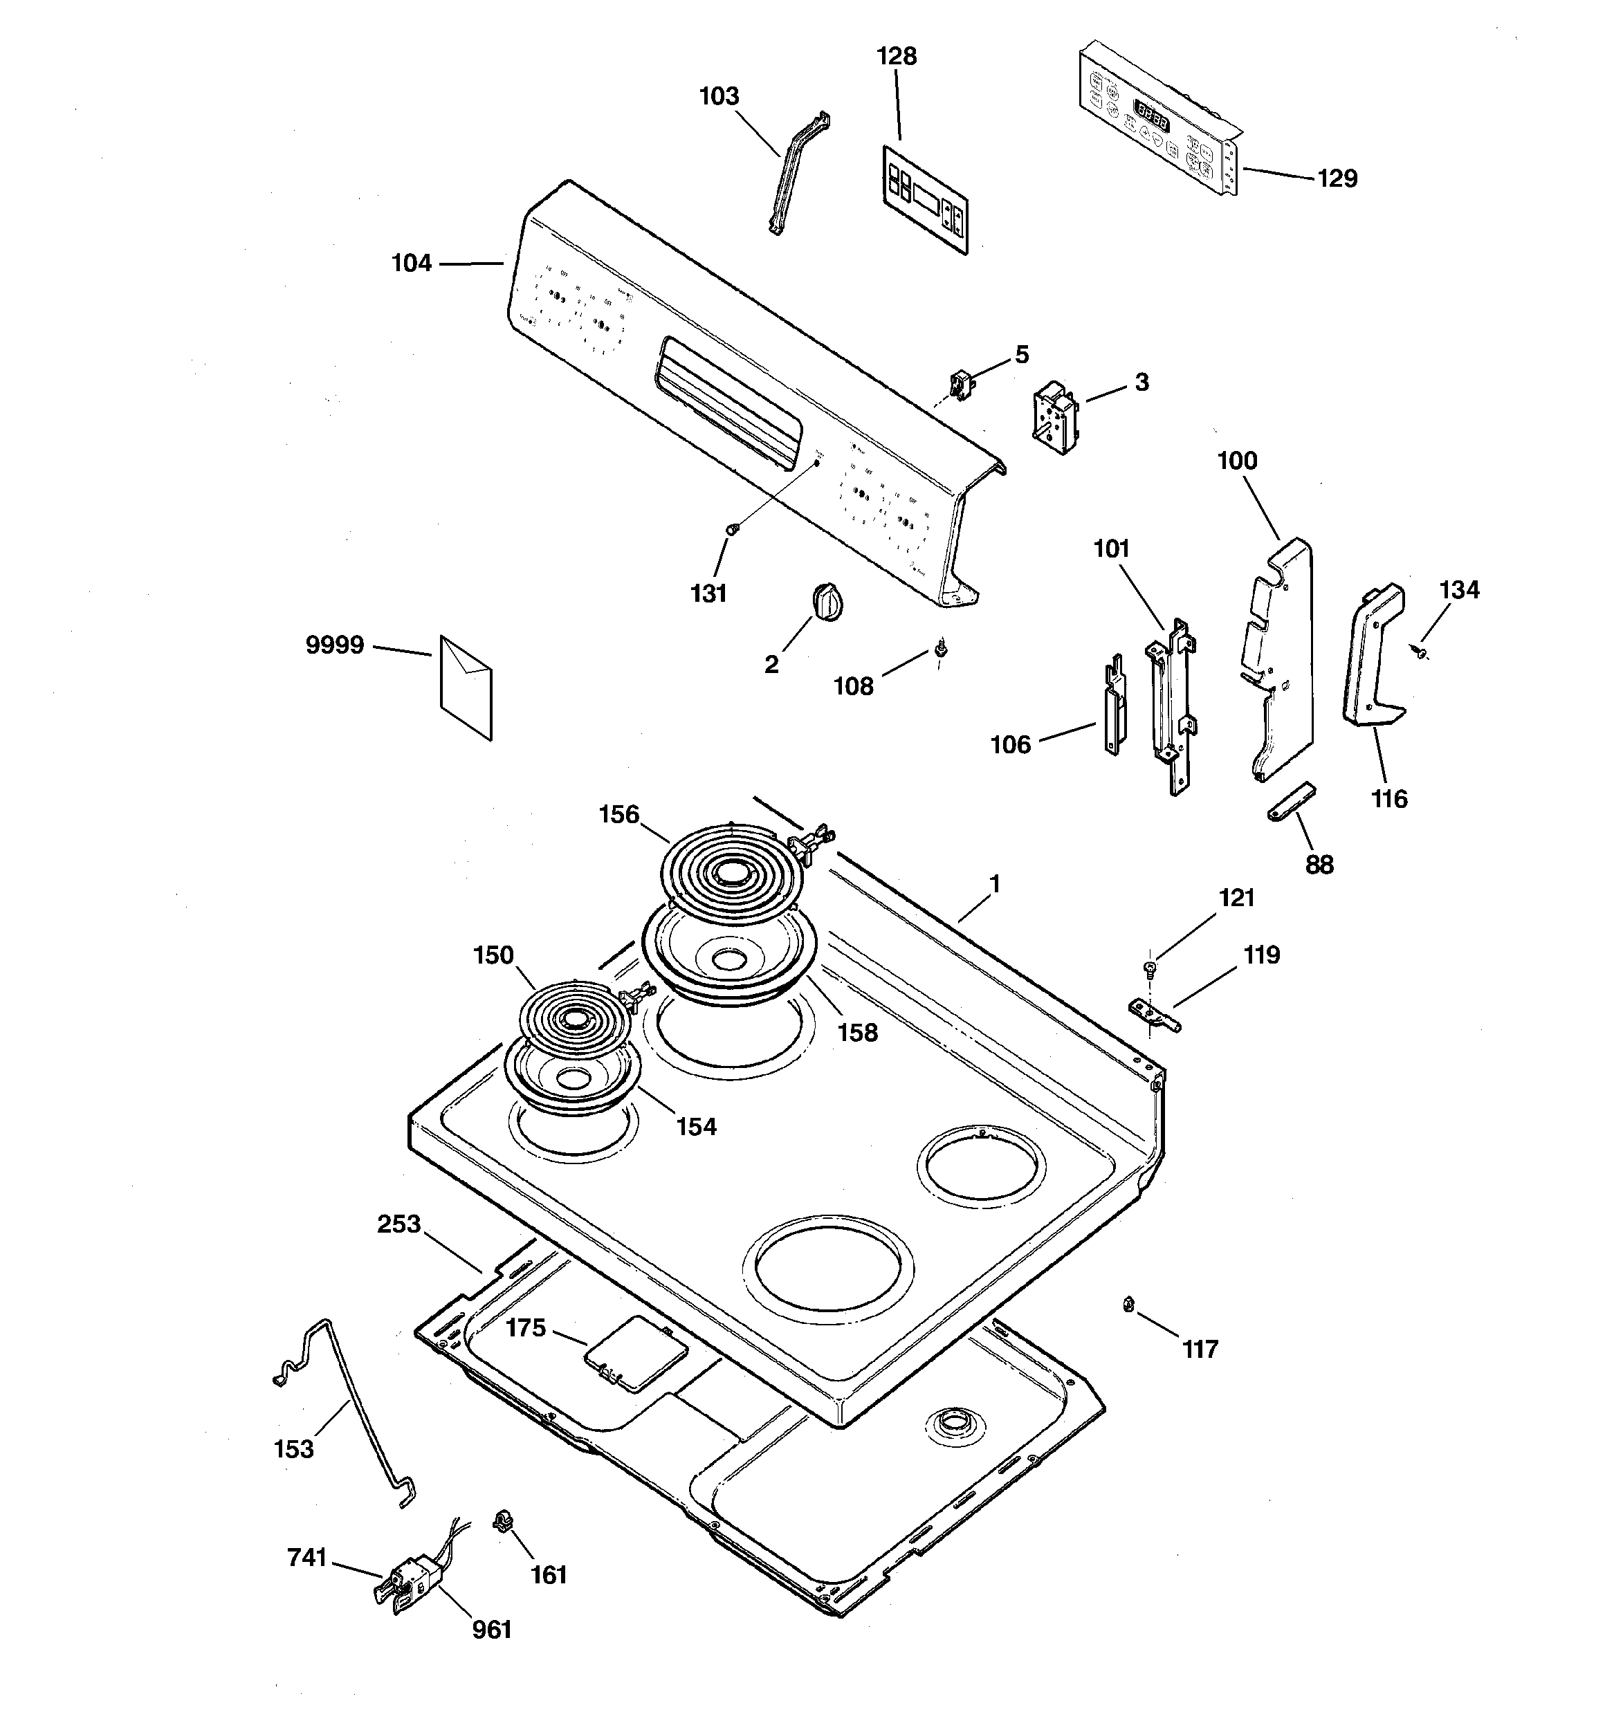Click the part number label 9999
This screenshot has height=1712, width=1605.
335,645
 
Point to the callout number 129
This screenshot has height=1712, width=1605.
1337,178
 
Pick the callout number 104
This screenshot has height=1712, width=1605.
411,263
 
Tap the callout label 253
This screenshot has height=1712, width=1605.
399,1224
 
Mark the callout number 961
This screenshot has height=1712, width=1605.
492,1629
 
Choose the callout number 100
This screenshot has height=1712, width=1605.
1237,461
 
